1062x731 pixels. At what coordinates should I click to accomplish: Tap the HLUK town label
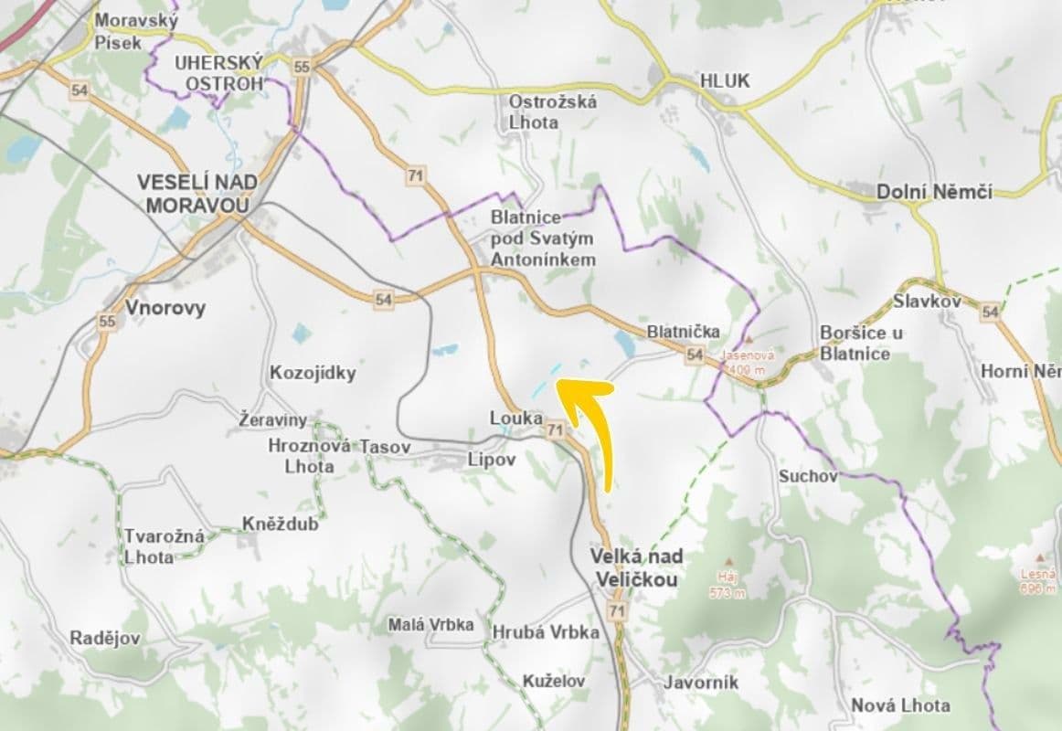724,80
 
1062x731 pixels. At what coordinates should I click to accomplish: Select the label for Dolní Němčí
934,192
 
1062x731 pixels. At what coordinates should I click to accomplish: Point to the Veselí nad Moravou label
196,193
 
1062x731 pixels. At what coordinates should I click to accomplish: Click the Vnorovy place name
165,307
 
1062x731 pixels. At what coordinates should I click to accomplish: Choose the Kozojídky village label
313,373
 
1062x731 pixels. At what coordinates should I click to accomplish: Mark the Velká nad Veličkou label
637,567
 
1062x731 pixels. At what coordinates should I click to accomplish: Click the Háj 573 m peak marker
727,562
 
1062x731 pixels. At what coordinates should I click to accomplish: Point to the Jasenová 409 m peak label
748,362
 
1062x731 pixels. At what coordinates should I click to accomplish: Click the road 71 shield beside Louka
555,429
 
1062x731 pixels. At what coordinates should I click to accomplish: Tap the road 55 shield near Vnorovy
107,321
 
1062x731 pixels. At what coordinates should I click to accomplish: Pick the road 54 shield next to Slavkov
989,313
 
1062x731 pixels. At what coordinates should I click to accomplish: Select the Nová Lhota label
900,705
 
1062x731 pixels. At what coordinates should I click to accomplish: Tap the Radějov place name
105,638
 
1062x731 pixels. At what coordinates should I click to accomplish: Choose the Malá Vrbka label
430,625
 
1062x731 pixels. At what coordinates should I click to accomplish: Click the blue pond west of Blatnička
625,344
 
